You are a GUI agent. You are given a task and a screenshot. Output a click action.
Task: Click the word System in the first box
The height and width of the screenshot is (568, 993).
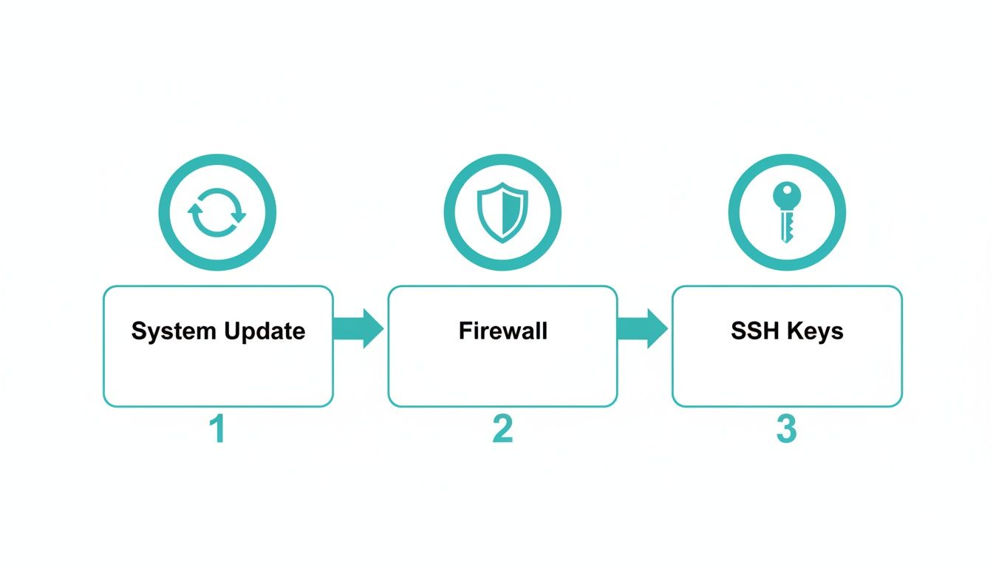(x=174, y=331)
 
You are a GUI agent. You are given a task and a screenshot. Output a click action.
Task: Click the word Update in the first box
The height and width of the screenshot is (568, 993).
(x=263, y=331)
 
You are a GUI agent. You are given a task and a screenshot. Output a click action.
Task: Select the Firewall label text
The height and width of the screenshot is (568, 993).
(x=502, y=330)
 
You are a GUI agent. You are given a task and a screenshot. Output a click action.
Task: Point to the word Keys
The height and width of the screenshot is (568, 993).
(x=815, y=331)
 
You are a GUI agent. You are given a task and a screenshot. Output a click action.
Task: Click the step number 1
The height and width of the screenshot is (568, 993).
(x=217, y=429)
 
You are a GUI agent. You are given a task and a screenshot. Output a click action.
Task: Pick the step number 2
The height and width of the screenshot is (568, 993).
(x=502, y=429)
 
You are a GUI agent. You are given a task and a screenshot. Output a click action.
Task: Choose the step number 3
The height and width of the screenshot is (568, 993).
(x=786, y=429)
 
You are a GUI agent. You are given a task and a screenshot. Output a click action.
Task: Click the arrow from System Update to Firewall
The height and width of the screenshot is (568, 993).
(x=359, y=328)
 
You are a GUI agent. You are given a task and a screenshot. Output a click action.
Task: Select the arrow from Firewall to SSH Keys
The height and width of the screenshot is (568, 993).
(x=643, y=328)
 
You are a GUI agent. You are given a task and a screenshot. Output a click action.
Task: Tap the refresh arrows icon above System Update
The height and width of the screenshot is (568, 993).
(x=217, y=212)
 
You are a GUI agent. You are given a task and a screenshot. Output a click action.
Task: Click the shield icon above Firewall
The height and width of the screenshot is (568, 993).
(x=502, y=212)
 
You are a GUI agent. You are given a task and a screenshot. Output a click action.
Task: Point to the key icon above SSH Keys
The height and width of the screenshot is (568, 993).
(x=786, y=212)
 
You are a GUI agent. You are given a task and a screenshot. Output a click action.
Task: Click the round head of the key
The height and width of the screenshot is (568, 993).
(x=786, y=197)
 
